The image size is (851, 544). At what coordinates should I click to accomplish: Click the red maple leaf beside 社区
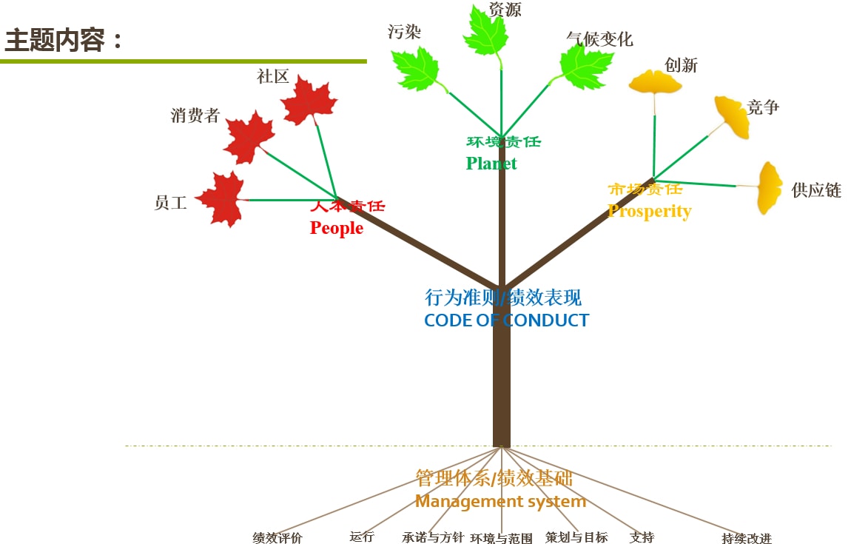pos(309,100)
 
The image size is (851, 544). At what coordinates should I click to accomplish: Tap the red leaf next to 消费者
pos(249,137)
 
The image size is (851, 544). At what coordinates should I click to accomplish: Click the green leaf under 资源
pos(485,32)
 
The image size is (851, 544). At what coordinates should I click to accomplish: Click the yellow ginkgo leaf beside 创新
pos(655,82)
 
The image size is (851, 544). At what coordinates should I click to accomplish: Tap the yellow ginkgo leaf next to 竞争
pos(733,116)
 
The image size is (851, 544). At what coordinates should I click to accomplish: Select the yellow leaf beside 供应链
pos(770,187)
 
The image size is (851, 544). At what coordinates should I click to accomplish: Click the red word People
pos(337,228)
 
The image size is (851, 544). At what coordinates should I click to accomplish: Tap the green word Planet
pos(491,164)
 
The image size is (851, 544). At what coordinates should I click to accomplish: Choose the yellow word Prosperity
pos(649,211)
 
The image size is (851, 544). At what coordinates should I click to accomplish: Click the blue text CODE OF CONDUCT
pos(506,320)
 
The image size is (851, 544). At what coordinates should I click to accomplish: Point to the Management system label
pos(500,502)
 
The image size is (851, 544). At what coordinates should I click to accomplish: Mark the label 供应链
pos(816,190)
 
